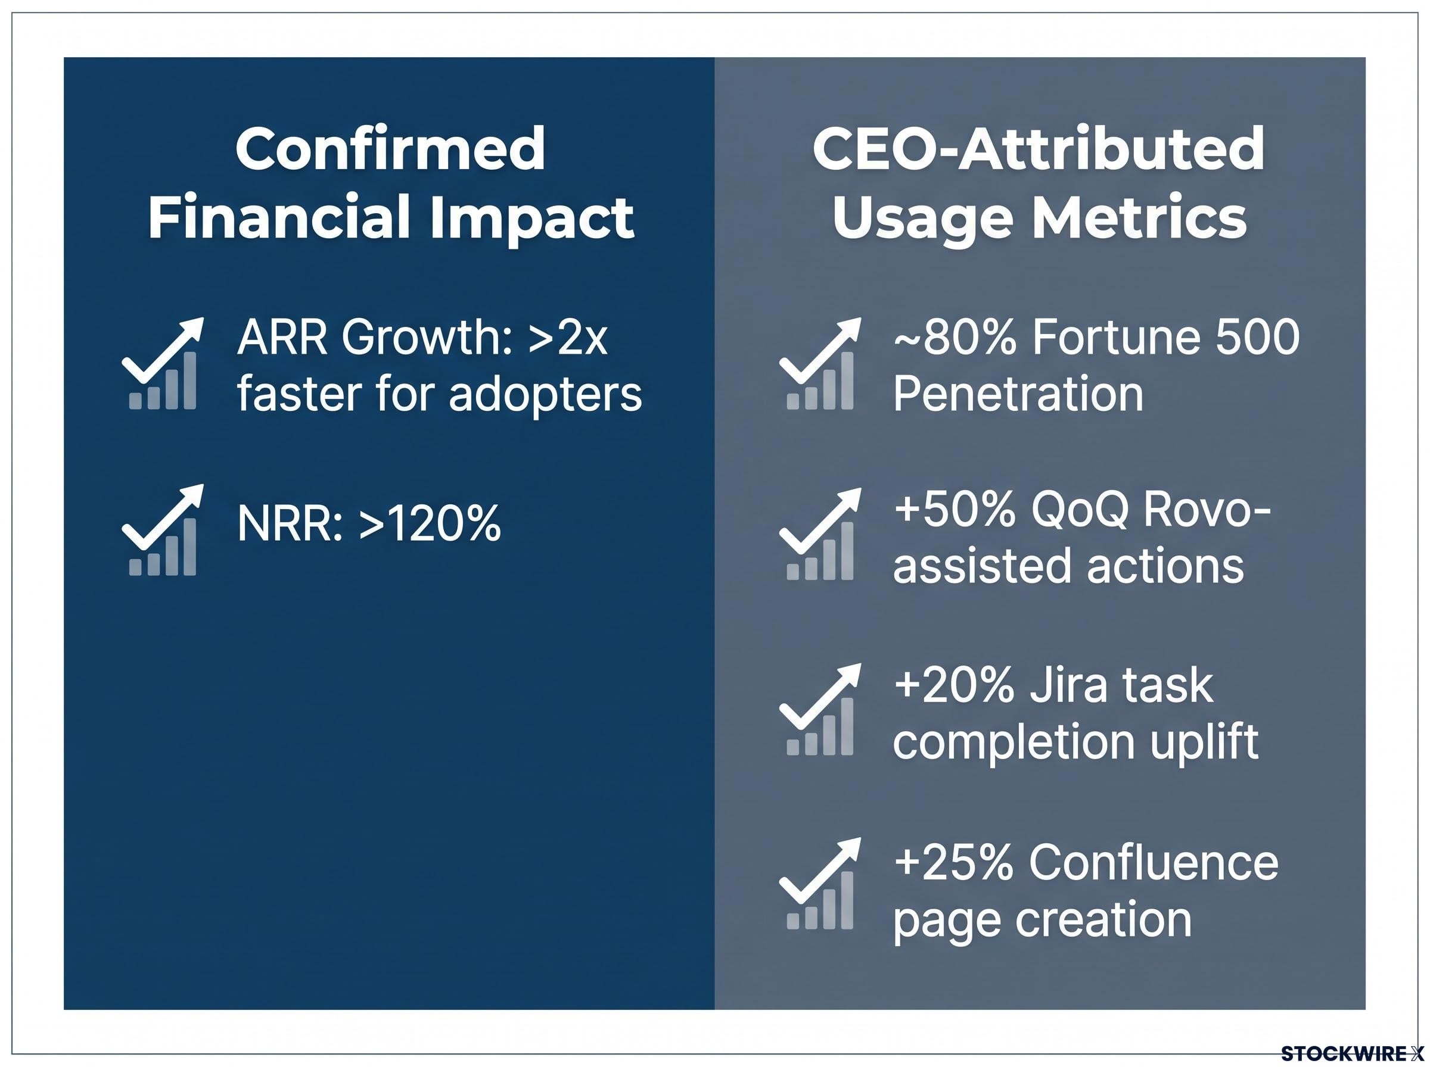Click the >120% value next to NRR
430,523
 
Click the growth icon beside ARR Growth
163,363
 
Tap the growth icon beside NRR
163,529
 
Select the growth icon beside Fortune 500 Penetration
820,363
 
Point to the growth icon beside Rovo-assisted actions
820,533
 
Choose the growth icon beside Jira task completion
820,709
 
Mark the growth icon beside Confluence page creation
820,884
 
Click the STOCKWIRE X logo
1353,1053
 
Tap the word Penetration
1018,394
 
